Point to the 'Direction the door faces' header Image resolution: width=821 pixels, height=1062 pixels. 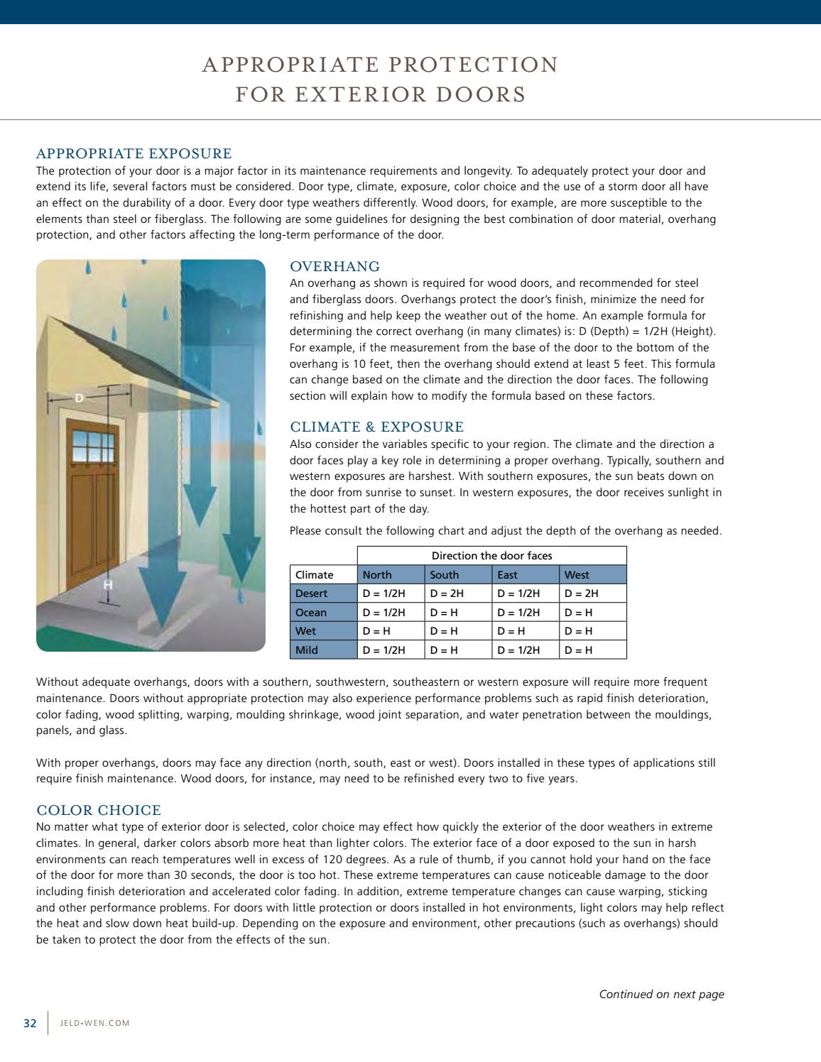[491, 556]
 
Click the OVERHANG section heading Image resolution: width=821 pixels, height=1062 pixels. [335, 267]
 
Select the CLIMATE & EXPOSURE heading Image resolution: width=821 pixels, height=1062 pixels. [376, 427]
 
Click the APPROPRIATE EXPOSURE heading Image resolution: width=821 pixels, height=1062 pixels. [134, 154]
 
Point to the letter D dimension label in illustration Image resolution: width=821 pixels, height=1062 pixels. [80, 399]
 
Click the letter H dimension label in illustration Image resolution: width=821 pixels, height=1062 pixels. [108, 585]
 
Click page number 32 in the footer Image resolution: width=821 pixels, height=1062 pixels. [30, 1023]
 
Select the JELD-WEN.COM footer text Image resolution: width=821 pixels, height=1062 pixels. [95, 1024]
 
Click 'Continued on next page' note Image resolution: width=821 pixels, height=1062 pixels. [661, 995]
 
